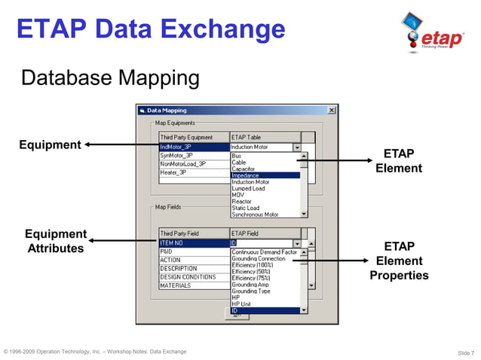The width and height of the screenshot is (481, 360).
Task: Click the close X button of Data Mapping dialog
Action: (331, 110)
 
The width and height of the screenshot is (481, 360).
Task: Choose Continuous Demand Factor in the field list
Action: (265, 252)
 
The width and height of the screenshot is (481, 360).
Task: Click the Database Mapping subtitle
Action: (110, 78)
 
